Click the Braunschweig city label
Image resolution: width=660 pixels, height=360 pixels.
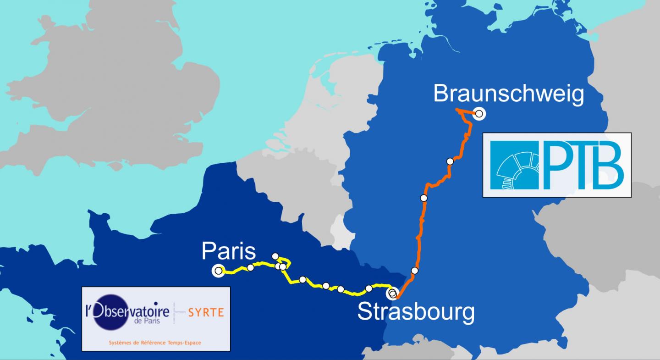pos(509,94)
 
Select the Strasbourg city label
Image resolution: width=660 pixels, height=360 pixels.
pos(416,312)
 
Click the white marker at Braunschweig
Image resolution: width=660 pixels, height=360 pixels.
pos(479,114)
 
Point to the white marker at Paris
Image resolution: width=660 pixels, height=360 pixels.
pos(218,271)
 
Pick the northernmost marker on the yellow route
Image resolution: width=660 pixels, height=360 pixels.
pos(275,256)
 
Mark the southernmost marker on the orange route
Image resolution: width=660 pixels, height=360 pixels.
pos(415,271)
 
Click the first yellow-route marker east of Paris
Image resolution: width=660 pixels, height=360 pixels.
pos(250,267)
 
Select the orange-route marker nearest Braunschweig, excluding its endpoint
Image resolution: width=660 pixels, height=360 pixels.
pos(450,161)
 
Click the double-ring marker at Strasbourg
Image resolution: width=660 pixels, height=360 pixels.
pos(392,293)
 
